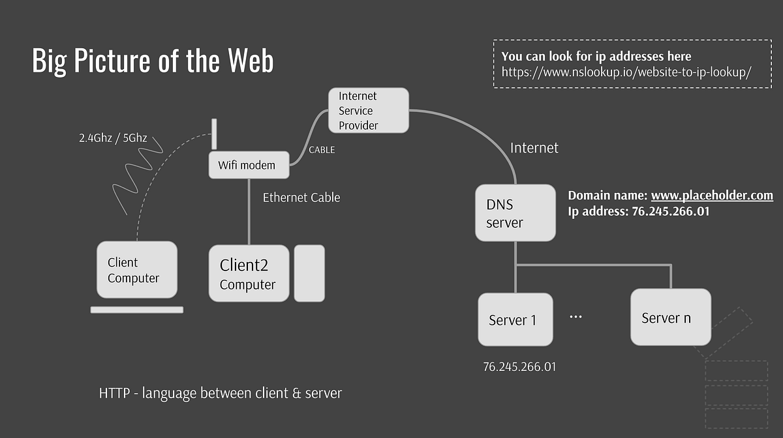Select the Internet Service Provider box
368,110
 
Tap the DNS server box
515,212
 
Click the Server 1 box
515,319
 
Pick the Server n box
670,317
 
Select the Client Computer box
137,270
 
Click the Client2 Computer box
249,273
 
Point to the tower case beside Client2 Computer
309,273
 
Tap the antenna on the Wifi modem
213,134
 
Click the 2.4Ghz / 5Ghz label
112,138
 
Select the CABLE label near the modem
322,150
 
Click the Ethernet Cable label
301,197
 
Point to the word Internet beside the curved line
534,148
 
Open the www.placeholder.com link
712,196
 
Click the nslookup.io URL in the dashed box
626,72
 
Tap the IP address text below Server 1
519,366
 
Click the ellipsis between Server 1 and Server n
576,317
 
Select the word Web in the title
251,61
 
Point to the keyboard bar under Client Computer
137,310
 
